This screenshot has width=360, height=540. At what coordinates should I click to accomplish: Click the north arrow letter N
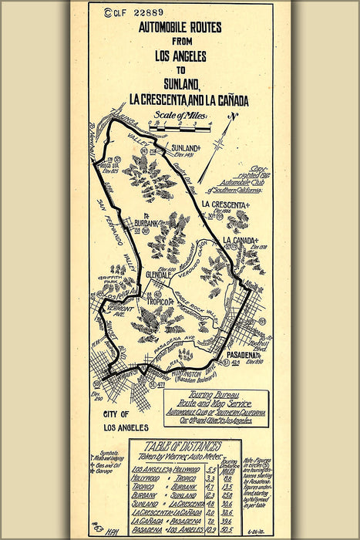[x=234, y=116]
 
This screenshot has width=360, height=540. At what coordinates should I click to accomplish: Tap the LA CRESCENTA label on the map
[x=227, y=204]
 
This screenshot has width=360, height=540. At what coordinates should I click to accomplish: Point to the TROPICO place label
[x=160, y=302]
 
